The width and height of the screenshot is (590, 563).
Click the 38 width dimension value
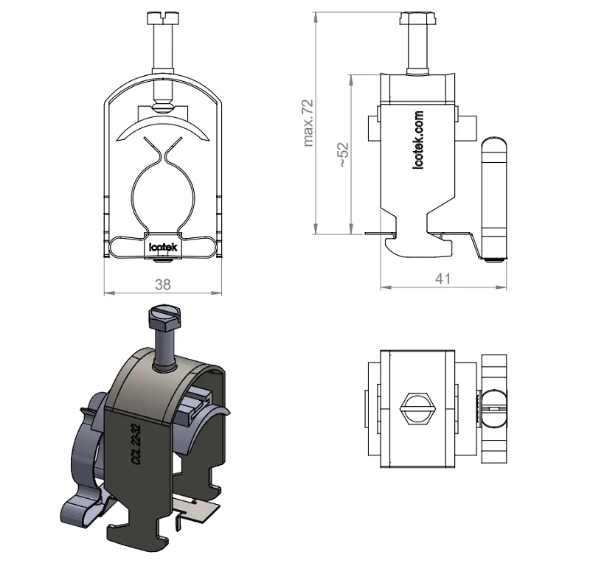[x=163, y=284]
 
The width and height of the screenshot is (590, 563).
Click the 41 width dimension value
[x=443, y=279]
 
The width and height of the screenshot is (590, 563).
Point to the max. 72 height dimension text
[x=308, y=122]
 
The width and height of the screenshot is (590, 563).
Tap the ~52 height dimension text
[x=343, y=154]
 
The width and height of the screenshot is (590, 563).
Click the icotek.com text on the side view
[x=418, y=140]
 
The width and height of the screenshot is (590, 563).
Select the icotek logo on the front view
[x=163, y=247]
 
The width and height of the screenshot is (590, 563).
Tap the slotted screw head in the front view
[x=163, y=18]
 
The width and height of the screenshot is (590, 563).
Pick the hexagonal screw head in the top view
[x=417, y=409]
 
